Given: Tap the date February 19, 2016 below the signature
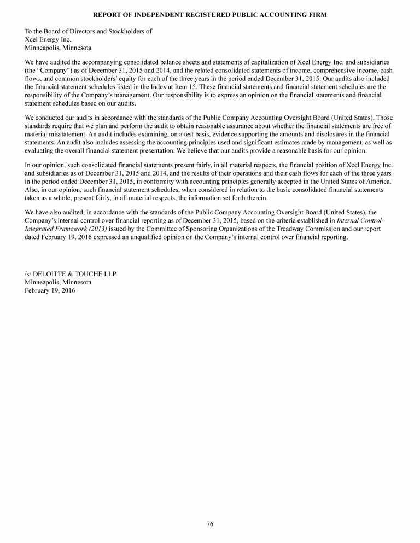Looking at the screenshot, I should tap(50, 290).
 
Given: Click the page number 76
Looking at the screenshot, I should tap(210, 524).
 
